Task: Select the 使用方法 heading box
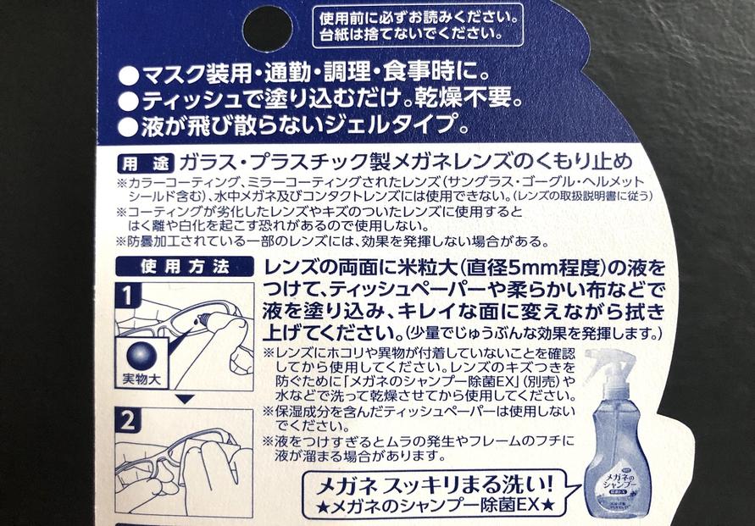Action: tap(185, 267)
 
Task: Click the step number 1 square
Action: tap(128, 296)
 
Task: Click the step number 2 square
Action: tap(128, 421)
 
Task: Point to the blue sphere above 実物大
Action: tap(142, 356)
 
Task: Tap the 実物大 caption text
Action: tap(142, 379)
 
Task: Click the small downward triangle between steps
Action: tap(185, 399)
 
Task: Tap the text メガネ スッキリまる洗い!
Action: tap(436, 484)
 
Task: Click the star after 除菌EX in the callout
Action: tap(547, 506)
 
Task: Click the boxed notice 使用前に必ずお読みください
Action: tap(418, 25)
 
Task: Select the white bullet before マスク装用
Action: tap(129, 76)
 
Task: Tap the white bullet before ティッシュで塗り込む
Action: tap(129, 102)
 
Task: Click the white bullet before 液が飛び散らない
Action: tap(129, 128)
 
